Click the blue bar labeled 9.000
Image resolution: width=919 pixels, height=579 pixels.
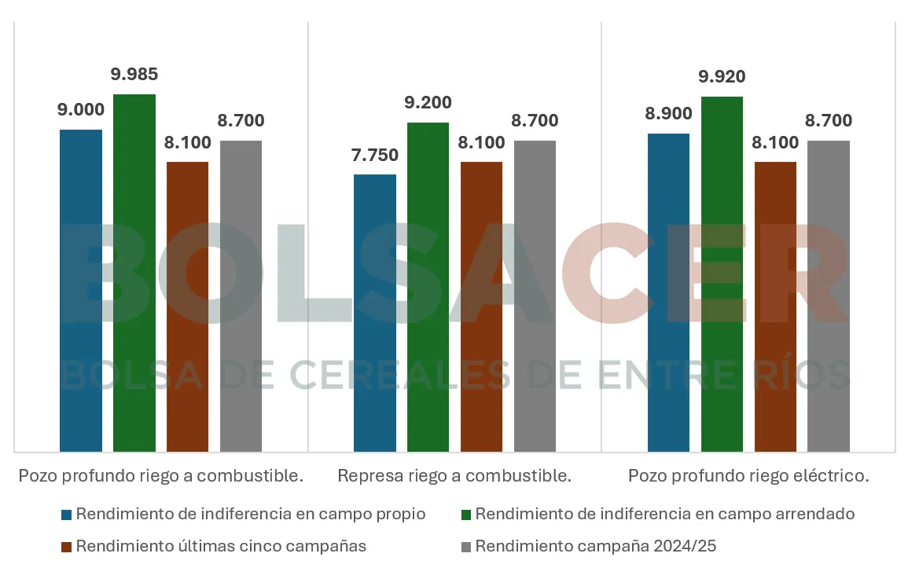(x=81, y=291)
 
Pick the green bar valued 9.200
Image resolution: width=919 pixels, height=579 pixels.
(x=428, y=287)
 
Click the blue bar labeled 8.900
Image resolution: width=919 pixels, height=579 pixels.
(x=668, y=292)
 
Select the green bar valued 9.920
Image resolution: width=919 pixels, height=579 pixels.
(x=722, y=274)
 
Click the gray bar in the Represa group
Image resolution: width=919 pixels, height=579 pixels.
(x=535, y=296)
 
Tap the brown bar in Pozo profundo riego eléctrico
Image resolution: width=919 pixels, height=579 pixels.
(x=775, y=306)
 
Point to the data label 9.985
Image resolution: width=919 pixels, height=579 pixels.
(x=134, y=75)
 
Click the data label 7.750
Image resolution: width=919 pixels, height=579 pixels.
(x=375, y=155)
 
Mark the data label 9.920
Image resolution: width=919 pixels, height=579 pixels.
(x=722, y=77)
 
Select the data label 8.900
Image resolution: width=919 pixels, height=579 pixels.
(x=668, y=114)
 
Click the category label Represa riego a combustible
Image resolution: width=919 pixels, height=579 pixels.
(x=454, y=476)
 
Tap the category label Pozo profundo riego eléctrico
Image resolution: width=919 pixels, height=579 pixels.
(x=748, y=476)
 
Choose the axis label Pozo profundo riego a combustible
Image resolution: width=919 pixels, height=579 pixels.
(x=161, y=476)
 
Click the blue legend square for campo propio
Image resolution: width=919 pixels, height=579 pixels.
(x=67, y=515)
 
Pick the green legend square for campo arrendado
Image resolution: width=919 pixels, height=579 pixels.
(x=466, y=515)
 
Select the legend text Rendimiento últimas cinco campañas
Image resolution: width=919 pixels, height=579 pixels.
(x=221, y=546)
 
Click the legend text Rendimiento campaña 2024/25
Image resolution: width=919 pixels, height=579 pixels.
(x=595, y=546)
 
